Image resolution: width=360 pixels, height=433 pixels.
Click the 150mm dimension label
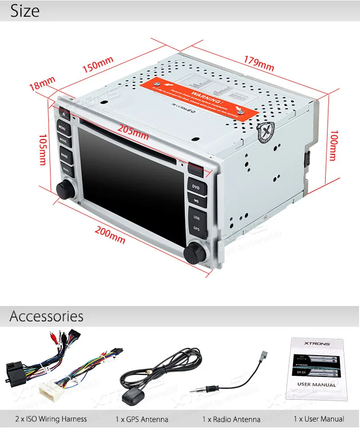pyautogui.click(x=98, y=64)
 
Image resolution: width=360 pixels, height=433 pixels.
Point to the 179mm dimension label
pyautogui.click(x=258, y=63)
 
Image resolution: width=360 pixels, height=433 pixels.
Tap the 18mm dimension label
pyautogui.click(x=42, y=83)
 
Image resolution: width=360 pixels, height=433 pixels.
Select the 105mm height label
pyautogui.click(x=43, y=149)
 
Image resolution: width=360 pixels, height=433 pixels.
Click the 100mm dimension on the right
pyautogui.click(x=332, y=145)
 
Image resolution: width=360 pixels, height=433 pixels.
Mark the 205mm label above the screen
pyautogui.click(x=133, y=132)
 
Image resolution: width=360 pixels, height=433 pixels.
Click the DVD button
pyautogui.click(x=196, y=187)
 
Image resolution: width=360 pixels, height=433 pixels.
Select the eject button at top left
pyautogui.click(x=64, y=112)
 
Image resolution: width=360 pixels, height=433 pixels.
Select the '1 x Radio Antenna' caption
pyautogui.click(x=231, y=420)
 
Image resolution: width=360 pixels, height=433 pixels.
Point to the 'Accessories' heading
pyautogui.click(x=46, y=316)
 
